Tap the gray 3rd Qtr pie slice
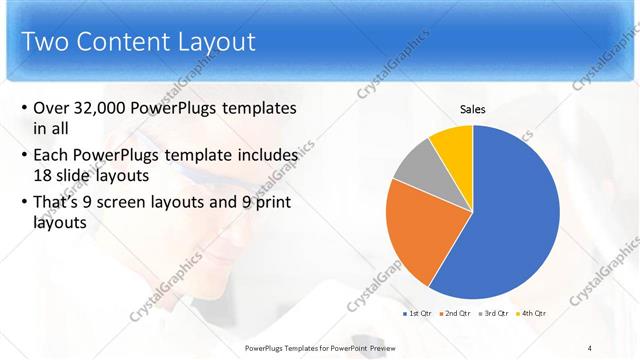tap(416, 164)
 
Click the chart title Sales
tap(473, 109)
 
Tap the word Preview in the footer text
tap(379, 347)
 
